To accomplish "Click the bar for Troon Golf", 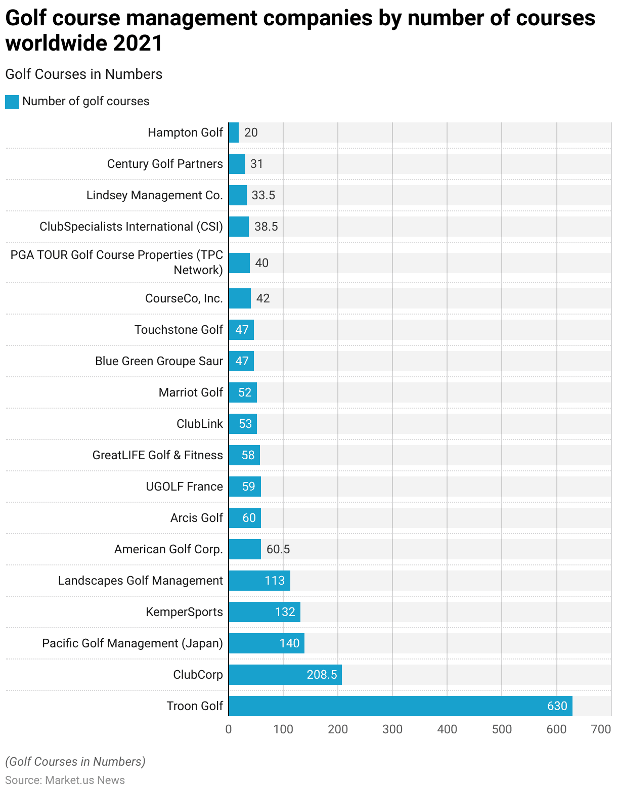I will [x=400, y=706].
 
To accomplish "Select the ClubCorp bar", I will [x=285, y=674].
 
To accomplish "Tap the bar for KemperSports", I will [x=264, y=611].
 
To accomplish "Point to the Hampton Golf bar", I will [x=234, y=132].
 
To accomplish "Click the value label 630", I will [x=557, y=706].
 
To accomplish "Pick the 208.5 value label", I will [x=322, y=674].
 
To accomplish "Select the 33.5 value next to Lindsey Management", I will [x=263, y=195].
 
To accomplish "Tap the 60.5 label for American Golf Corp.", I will [x=278, y=549].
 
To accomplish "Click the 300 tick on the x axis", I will [x=392, y=729].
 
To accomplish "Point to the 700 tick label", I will [x=601, y=729].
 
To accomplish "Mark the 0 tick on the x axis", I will [x=229, y=729].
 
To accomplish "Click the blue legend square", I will [x=12, y=102].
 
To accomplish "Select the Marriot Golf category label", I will [x=191, y=392].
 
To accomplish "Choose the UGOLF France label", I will [x=184, y=486].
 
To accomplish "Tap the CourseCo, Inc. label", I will [x=184, y=298].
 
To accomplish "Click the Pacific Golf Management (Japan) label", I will [x=133, y=643].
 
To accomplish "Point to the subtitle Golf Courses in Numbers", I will [x=83, y=74].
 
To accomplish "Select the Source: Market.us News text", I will [x=65, y=780].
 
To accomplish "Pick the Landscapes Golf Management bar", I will [x=259, y=580].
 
